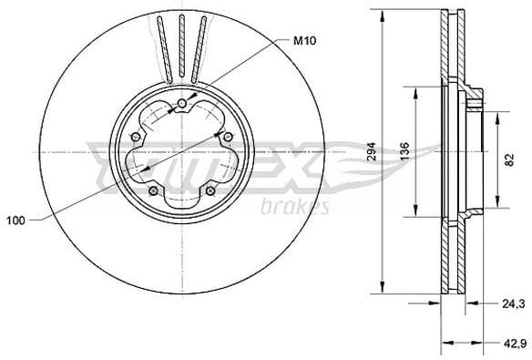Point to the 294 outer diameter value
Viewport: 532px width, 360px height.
[371, 153]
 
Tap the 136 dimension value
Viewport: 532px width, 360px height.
[405, 151]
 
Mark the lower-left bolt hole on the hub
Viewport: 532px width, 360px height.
[153, 190]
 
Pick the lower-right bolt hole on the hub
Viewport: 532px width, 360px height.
[210, 190]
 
